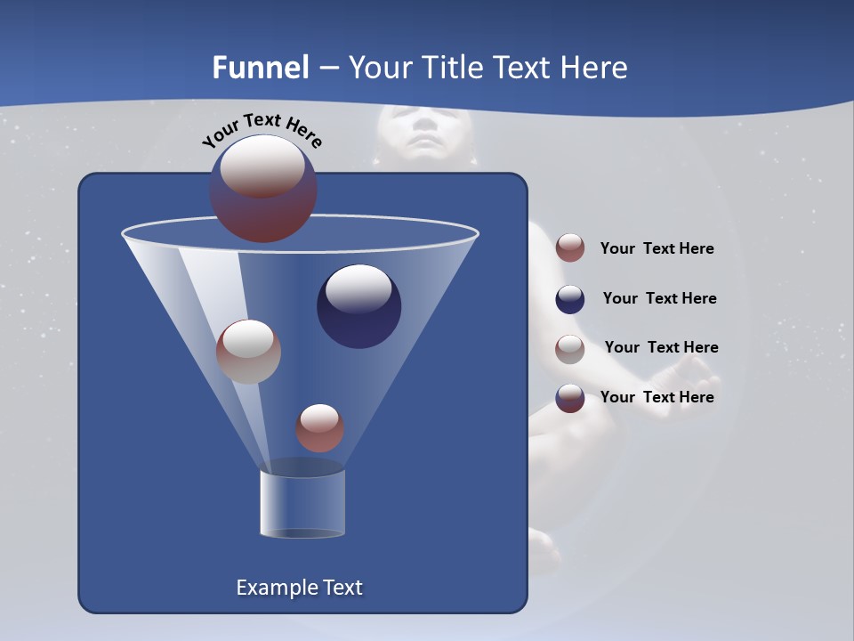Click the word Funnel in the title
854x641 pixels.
click(261, 68)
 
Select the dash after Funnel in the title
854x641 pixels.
click(328, 69)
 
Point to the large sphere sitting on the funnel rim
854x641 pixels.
click(263, 189)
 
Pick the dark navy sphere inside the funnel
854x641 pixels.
click(359, 307)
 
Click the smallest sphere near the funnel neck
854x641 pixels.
click(319, 428)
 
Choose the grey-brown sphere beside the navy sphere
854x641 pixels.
click(248, 352)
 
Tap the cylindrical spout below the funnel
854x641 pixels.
click(302, 504)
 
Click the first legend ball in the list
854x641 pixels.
click(570, 248)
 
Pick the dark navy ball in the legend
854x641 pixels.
click(570, 299)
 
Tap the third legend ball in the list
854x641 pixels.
click(570, 349)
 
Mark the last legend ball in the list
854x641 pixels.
click(570, 398)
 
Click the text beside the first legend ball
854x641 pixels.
click(657, 249)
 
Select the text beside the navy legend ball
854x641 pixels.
click(659, 299)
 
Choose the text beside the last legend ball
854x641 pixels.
click(657, 397)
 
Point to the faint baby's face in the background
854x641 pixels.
click(424, 132)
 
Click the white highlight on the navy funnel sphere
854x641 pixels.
click(359, 288)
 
